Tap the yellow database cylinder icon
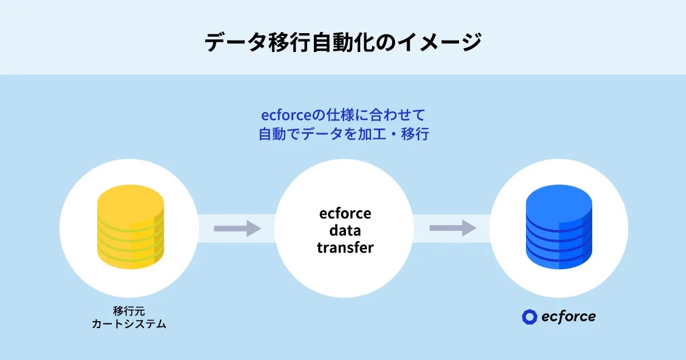pyautogui.click(x=131, y=229)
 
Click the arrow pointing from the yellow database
pyautogui.click(x=237, y=229)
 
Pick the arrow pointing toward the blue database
pyautogui.click(x=453, y=228)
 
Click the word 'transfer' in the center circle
pyautogui.click(x=345, y=248)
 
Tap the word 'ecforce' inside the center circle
pyautogui.click(x=345, y=214)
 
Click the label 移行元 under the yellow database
pyautogui.click(x=129, y=311)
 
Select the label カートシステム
pyautogui.click(x=129, y=325)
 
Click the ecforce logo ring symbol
pyautogui.click(x=529, y=317)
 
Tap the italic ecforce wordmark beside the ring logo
pyautogui.click(x=568, y=316)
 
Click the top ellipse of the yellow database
pyautogui.click(x=131, y=197)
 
